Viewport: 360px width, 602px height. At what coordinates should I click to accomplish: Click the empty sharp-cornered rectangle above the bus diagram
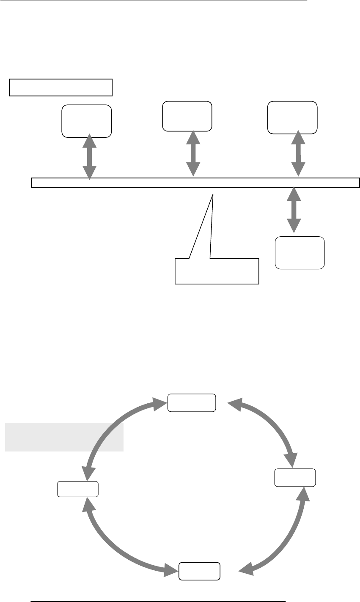point(61,87)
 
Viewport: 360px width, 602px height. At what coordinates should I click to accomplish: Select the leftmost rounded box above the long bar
point(87,121)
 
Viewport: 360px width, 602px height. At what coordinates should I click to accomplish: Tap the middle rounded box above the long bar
point(187,116)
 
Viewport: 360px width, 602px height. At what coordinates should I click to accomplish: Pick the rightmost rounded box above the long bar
point(292,117)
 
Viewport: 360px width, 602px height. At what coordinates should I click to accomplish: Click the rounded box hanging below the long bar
point(300,253)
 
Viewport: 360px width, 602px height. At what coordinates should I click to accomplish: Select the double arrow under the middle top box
point(194,153)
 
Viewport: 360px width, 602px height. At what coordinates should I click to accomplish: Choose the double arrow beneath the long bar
point(294,210)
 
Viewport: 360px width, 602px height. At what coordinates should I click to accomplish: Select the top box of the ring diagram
point(192,402)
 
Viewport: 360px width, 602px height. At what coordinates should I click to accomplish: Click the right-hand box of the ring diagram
point(295,477)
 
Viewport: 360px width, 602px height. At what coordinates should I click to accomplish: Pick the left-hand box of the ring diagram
point(78,489)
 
